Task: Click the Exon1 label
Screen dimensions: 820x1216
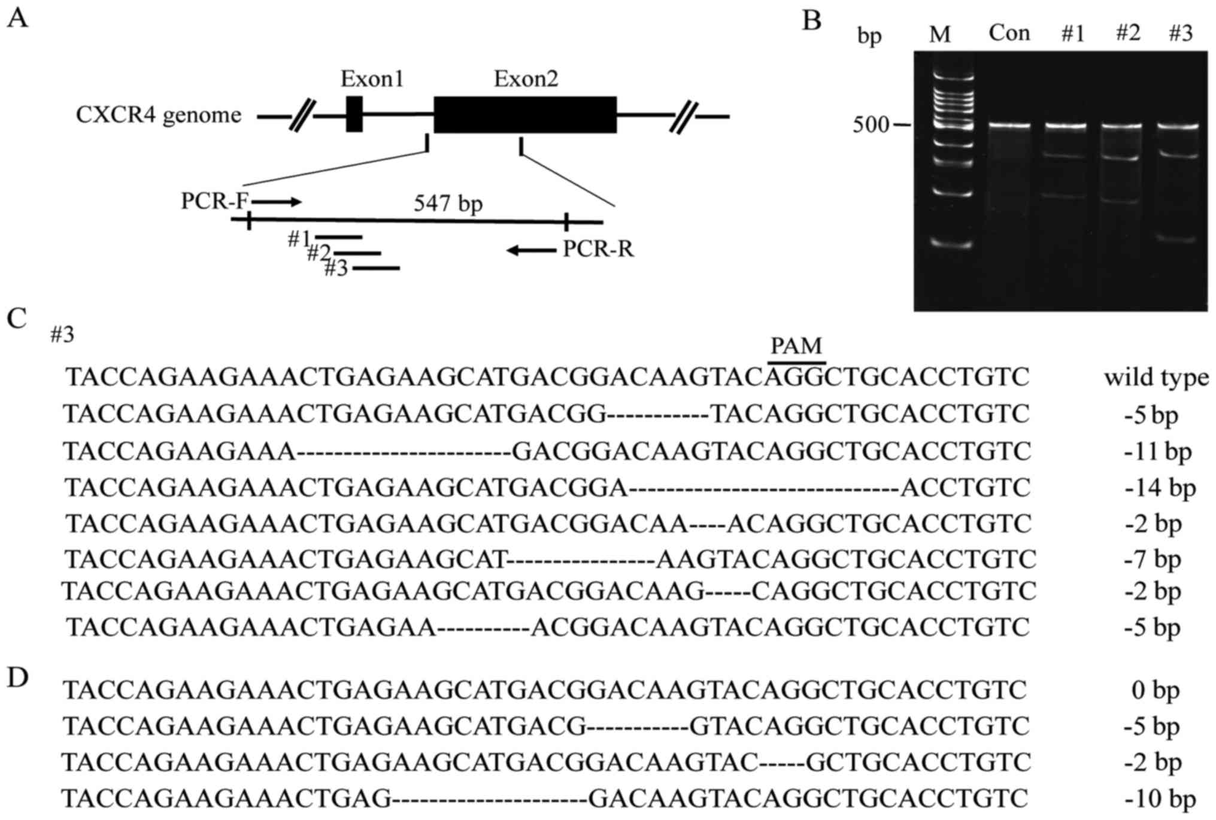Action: [372, 79]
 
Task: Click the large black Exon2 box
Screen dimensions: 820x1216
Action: [525, 114]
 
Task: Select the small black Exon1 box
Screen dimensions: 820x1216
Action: [354, 114]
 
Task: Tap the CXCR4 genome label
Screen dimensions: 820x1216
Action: [159, 114]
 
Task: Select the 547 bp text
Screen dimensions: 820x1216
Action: [448, 204]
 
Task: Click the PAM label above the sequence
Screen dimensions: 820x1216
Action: [796, 346]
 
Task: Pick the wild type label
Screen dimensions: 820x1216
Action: [1156, 378]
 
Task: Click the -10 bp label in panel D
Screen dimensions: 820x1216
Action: [1160, 799]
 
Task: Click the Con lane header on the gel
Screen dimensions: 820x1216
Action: [1009, 33]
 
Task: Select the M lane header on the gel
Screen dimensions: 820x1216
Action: [940, 35]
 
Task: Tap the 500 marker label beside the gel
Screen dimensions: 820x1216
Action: [871, 125]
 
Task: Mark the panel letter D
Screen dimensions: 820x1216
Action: [18, 678]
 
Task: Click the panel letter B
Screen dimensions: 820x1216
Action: [812, 21]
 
